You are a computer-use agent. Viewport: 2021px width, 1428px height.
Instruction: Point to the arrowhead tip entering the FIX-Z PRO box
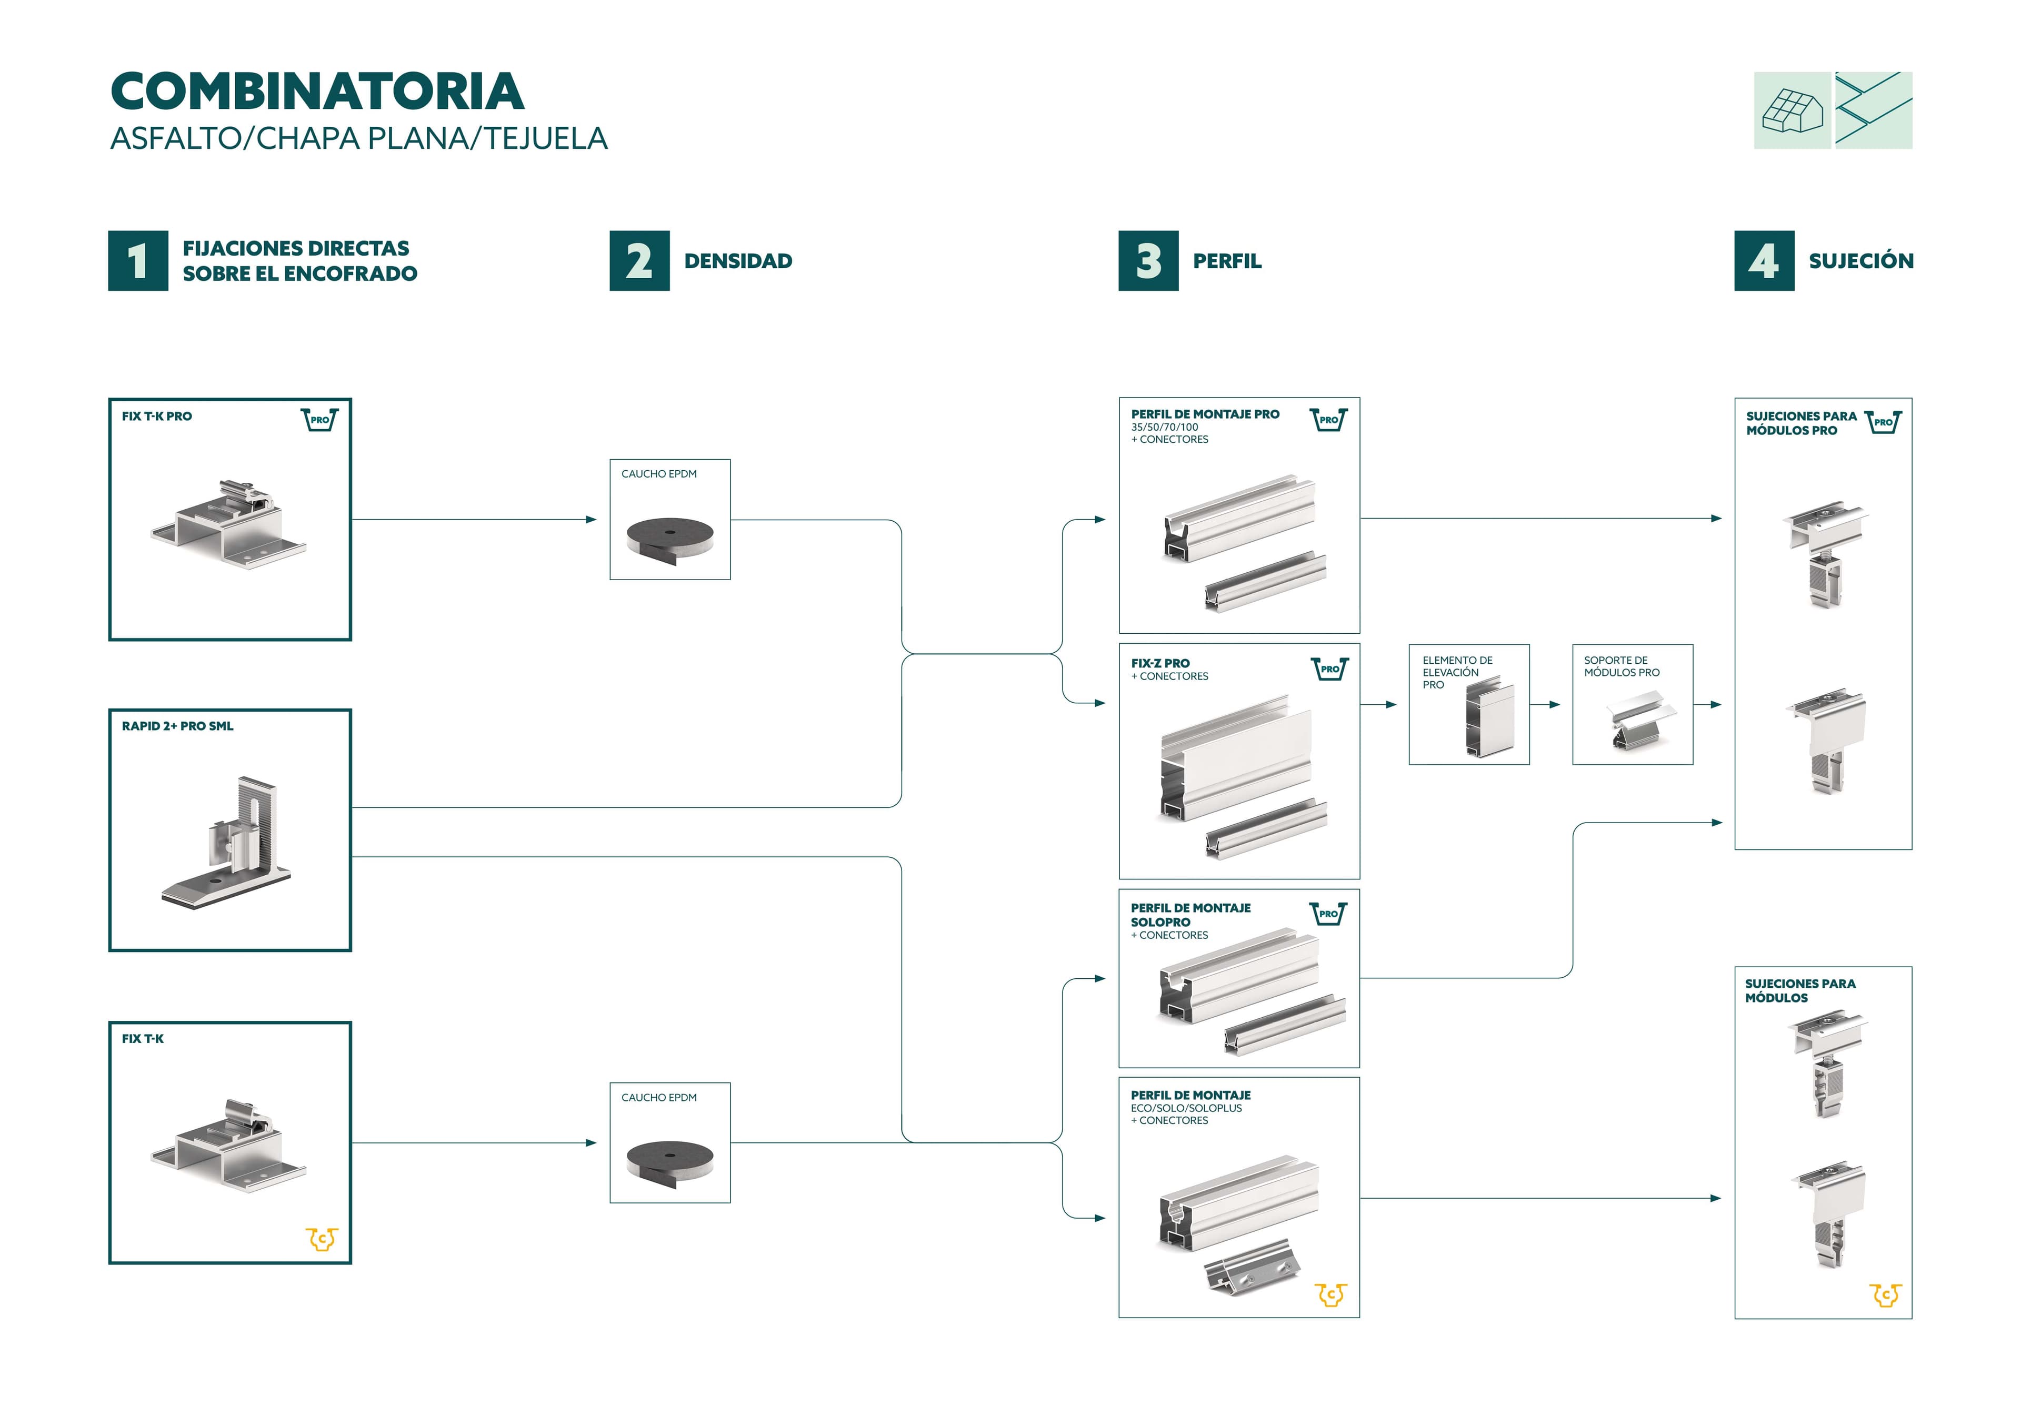[1106, 703]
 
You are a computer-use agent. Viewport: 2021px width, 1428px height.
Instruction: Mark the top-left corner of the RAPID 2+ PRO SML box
[109, 709]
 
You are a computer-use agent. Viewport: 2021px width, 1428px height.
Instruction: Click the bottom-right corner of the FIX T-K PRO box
[351, 640]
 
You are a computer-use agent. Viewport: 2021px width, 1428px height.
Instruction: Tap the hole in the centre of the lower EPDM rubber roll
[670, 1154]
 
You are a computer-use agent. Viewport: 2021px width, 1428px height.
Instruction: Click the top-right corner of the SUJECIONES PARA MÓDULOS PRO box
[1912, 399]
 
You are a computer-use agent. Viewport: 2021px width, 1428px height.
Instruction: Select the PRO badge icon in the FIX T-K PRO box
[319, 420]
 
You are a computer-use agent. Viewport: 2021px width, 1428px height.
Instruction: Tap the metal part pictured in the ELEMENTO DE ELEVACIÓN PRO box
[1489, 721]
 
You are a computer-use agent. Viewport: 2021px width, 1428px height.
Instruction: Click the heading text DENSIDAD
[738, 261]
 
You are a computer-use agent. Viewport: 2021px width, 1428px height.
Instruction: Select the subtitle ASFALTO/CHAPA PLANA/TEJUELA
[359, 139]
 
